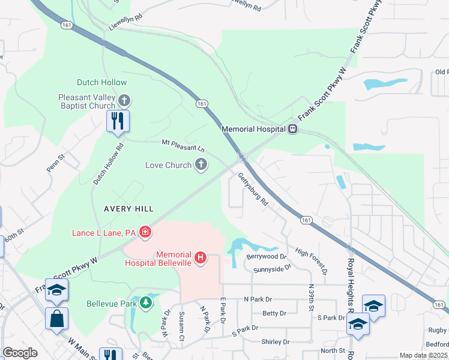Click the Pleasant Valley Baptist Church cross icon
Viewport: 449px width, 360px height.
pyautogui.click(x=124, y=100)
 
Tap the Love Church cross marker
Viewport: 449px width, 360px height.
pyautogui.click(x=201, y=164)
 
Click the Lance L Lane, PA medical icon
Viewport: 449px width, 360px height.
pyautogui.click(x=145, y=232)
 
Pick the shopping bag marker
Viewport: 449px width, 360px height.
pyautogui.click(x=56, y=319)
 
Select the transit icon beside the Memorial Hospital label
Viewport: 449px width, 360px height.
pyautogui.click(x=292, y=128)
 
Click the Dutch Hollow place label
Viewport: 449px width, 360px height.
pyautogui.click(x=101, y=82)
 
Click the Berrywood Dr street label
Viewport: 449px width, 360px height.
pyautogui.click(x=266, y=256)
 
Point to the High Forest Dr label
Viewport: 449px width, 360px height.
pyautogui.click(x=311, y=260)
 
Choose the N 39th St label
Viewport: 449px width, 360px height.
pyautogui.click(x=311, y=297)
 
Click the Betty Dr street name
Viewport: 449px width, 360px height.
pyautogui.click(x=274, y=313)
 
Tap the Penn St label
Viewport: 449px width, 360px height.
pyautogui.click(x=56, y=163)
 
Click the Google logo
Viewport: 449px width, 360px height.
pyautogui.click(x=20, y=353)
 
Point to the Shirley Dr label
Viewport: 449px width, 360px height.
pyautogui.click(x=276, y=341)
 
